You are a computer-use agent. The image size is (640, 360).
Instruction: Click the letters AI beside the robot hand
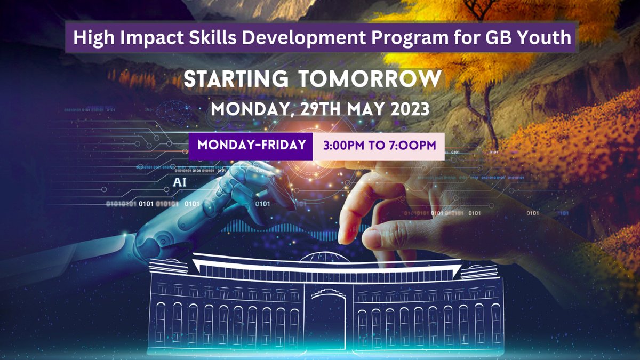(180, 182)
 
